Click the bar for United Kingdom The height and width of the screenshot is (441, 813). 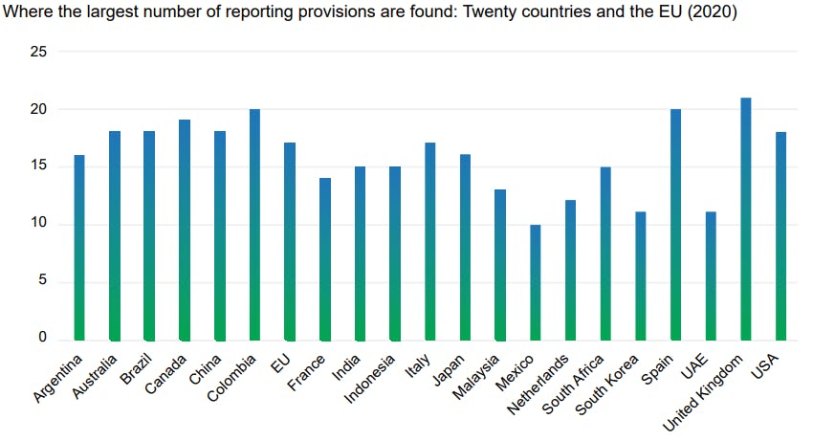746,219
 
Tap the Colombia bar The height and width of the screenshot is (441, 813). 254,225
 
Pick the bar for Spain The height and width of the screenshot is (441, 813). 675,225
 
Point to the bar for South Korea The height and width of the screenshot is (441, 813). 641,276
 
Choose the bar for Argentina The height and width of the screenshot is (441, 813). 79,248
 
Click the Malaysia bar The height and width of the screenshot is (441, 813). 500,265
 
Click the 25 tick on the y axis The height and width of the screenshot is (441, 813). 37,52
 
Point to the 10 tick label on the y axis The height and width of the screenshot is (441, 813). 37,225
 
